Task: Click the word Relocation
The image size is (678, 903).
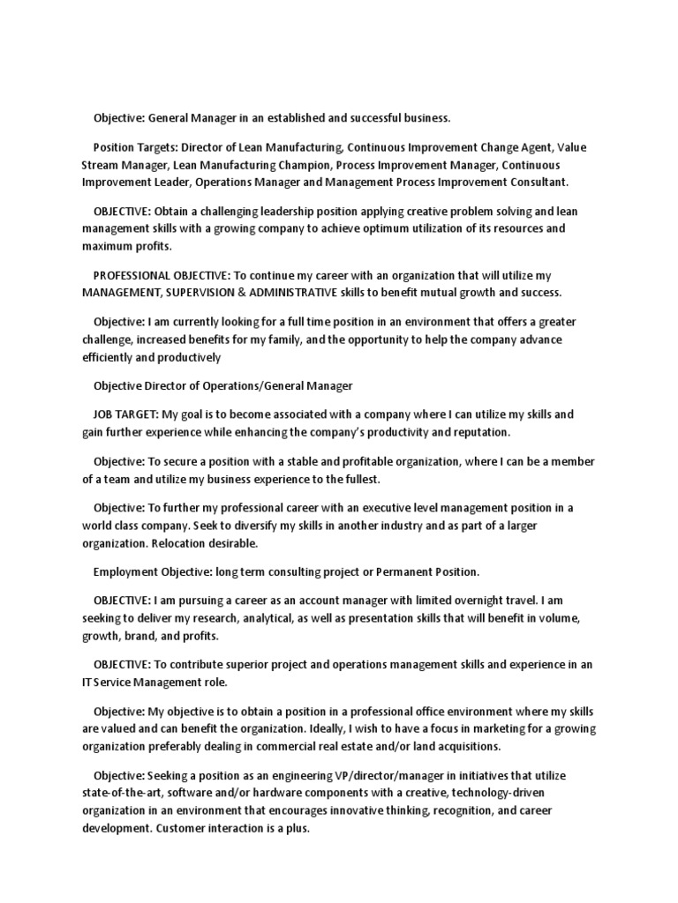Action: (185, 543)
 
